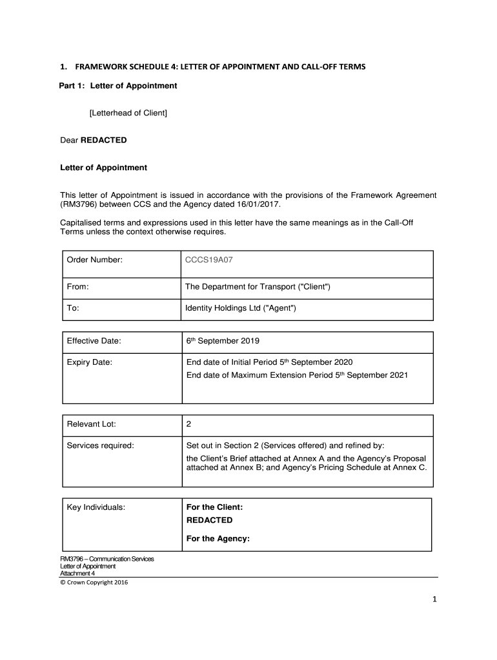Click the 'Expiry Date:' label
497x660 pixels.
[90, 362]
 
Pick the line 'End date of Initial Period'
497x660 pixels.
[269, 362]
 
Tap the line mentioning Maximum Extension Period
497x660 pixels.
[296, 374]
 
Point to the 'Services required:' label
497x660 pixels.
[100, 445]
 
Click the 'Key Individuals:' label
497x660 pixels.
[96, 507]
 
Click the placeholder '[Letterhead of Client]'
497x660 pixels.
[128, 113]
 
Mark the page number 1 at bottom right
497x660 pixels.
[435, 600]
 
